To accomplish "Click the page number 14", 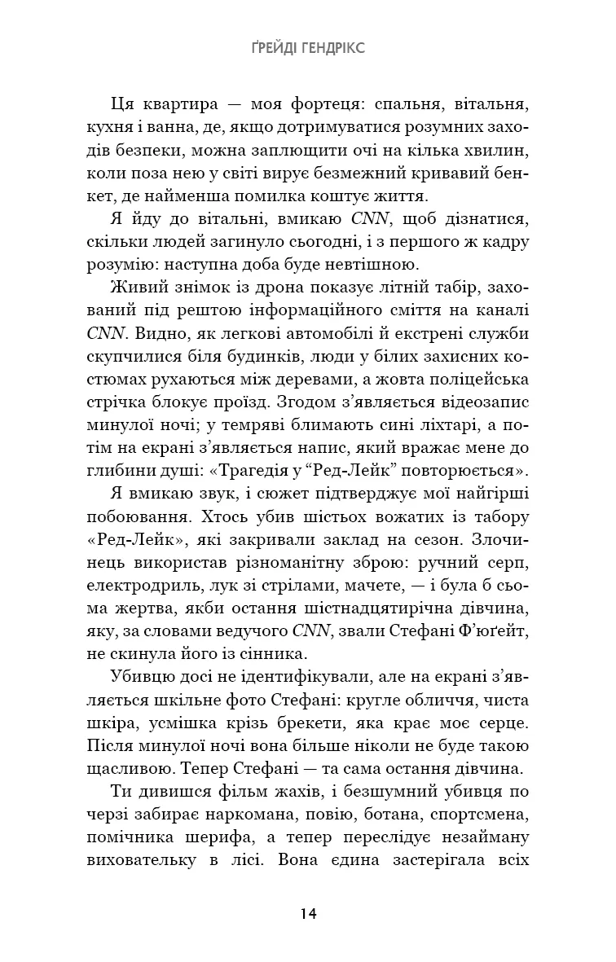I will click(308, 912).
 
